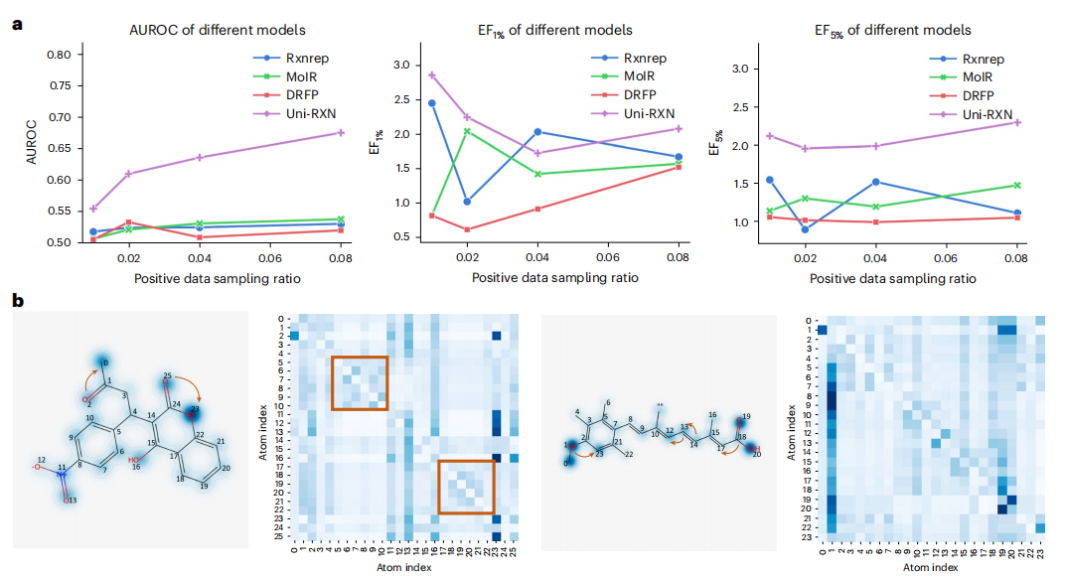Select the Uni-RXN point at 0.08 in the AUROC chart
click(x=341, y=132)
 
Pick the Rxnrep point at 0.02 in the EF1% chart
click(x=467, y=202)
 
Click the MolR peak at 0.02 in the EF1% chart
click(x=467, y=131)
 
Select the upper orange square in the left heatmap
click(x=359, y=381)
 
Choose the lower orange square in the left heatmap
click(x=466, y=487)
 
